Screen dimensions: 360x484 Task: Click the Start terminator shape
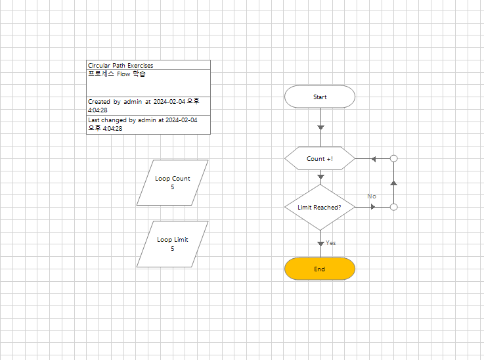coord(320,97)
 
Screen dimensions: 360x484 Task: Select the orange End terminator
coord(320,269)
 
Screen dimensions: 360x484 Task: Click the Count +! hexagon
coord(320,158)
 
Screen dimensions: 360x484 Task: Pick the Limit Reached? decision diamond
coord(320,207)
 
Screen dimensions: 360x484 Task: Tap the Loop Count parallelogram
coord(173,182)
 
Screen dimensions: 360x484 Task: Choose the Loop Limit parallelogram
coord(173,244)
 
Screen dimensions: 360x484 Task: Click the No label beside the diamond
coord(372,196)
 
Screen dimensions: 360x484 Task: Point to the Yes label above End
coord(331,243)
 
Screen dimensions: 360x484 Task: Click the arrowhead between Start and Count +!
coord(320,127)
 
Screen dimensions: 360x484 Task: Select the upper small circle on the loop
coord(394,158)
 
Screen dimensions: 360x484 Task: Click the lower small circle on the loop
coord(394,207)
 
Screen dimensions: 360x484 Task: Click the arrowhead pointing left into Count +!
coord(373,158)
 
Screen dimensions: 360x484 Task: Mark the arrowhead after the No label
coord(374,207)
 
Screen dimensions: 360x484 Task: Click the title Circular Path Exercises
coord(121,65)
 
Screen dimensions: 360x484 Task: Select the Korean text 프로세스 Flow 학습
coord(117,74)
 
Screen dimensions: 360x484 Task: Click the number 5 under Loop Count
coord(173,187)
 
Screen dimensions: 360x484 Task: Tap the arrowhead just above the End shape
coord(320,244)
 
